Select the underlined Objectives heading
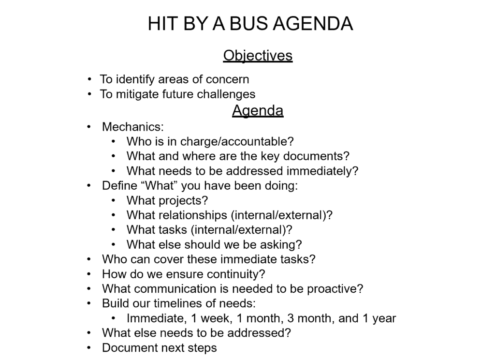click(258, 56)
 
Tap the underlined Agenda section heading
click(258, 111)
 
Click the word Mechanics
click(132, 127)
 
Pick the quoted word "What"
click(160, 186)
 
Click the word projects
click(181, 200)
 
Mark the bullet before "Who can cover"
click(89, 259)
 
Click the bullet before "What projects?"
click(113, 200)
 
